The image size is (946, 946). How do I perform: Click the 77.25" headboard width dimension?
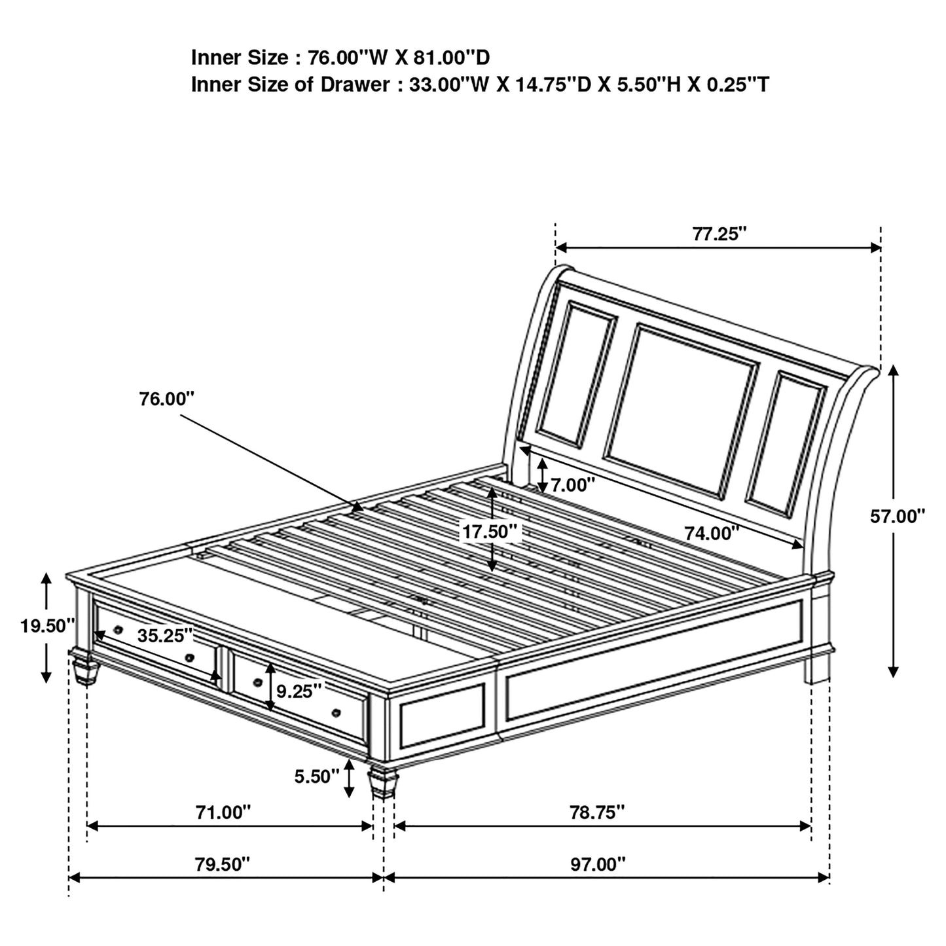719,234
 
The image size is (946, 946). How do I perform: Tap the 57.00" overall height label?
897,517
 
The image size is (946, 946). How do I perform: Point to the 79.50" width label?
223,864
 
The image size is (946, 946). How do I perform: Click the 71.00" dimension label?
223,812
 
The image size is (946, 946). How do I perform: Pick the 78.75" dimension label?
597,812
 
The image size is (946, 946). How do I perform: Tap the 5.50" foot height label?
316,776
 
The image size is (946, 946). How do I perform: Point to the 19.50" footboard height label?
48,626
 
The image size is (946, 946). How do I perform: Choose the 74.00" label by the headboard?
712,534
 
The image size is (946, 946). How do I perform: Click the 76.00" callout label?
166,399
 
